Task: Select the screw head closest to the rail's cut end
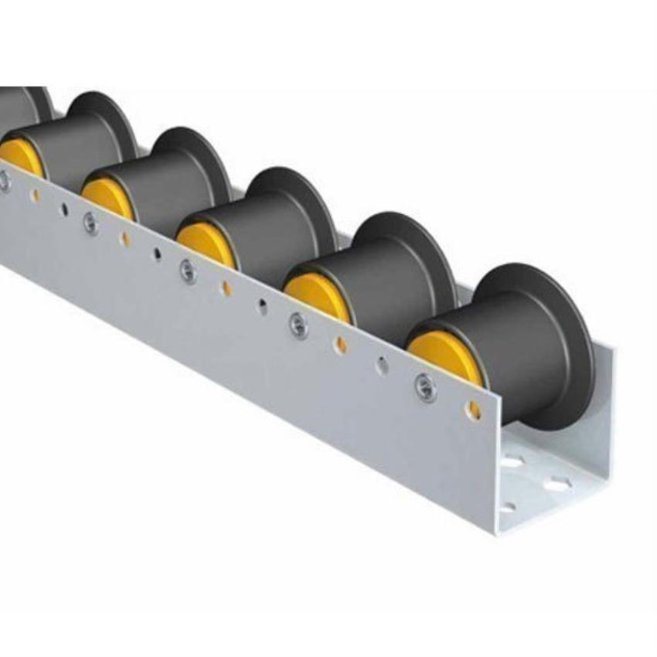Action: tap(425, 386)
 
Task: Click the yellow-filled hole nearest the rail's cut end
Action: tap(473, 410)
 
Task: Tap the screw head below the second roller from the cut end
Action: tap(298, 325)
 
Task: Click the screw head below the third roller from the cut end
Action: tap(188, 270)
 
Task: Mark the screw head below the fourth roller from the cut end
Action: tap(90, 223)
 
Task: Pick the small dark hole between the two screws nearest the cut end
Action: tap(382, 365)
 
